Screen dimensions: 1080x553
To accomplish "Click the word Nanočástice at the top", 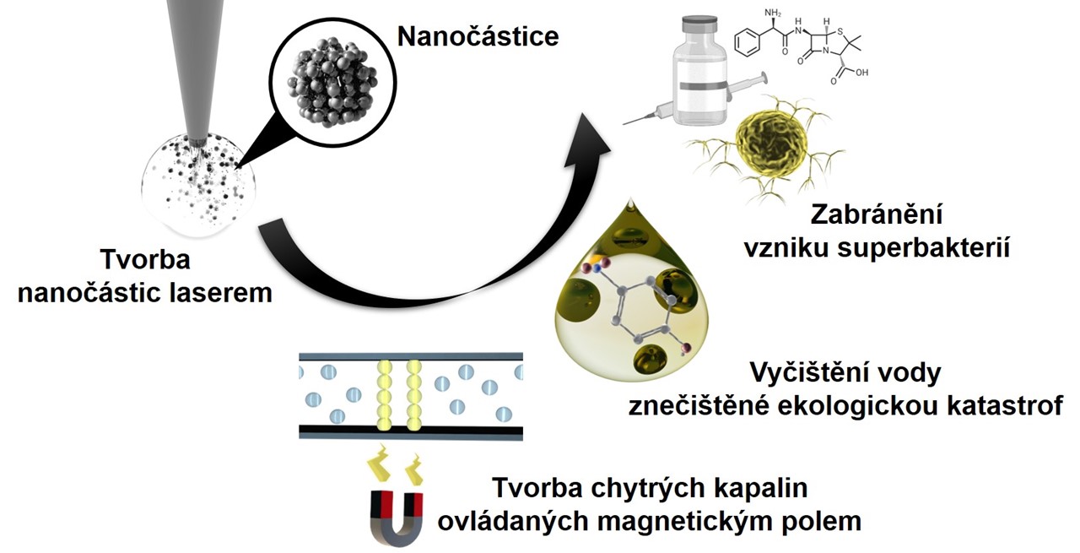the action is pos(478,36).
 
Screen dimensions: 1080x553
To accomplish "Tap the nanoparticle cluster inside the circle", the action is pos(332,83).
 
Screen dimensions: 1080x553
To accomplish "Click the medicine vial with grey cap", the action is pos(699,70).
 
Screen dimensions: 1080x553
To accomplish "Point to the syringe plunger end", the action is pos(764,77).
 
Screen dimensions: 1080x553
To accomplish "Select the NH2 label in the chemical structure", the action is pos(773,13).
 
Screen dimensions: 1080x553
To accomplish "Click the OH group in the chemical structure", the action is pos(862,73).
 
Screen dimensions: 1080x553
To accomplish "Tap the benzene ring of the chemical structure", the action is pos(748,43).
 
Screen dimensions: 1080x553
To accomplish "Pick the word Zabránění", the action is pos(877,214).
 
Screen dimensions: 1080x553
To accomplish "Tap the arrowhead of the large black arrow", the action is pos(586,141).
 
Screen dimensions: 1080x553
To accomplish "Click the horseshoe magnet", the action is pos(397,518).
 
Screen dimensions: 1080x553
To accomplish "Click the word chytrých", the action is pos(642,488).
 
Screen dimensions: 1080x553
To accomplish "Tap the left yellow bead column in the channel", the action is pos(384,395).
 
